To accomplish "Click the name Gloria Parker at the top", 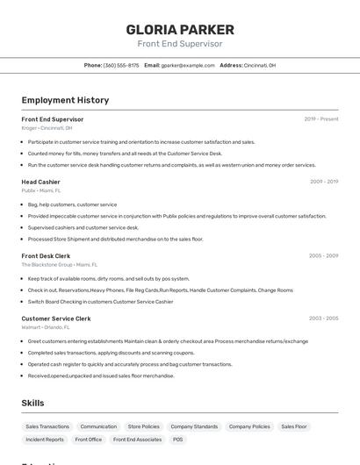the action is point(179,29).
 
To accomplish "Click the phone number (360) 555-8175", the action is point(121,65).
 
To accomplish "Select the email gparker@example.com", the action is point(188,65).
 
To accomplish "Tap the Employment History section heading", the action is point(65,100).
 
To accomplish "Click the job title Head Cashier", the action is point(41,182).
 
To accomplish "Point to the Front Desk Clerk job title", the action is point(46,256).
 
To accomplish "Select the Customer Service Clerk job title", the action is point(56,318).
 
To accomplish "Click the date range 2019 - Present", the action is point(321,119).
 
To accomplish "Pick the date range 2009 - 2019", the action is point(324,182).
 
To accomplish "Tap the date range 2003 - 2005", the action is point(324,318).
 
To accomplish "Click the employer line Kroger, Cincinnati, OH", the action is point(47,127).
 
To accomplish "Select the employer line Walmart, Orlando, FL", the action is point(47,326).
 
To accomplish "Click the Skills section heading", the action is point(32,403).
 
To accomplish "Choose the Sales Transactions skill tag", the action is point(47,426).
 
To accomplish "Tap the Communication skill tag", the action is point(98,426).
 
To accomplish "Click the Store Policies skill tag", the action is point(144,426).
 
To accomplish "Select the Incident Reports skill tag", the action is point(45,440).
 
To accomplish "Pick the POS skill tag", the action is point(178,440).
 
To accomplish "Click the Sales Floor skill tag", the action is point(294,426).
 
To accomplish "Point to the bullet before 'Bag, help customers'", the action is point(23,204).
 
